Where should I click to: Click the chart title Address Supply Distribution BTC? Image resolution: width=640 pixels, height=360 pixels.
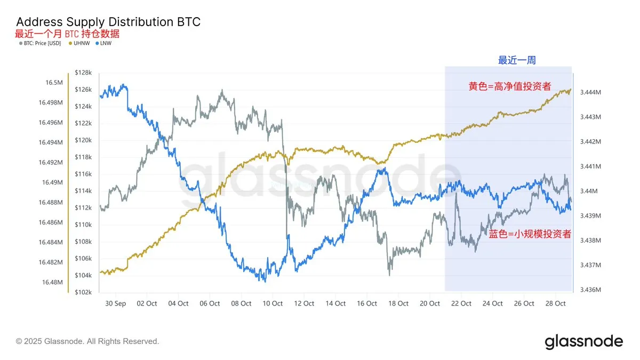tap(108, 22)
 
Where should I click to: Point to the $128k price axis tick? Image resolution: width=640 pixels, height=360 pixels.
tap(83, 73)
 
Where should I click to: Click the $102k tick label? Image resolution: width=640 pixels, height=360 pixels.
tap(83, 292)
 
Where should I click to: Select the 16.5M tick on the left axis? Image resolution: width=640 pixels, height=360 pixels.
tap(53, 83)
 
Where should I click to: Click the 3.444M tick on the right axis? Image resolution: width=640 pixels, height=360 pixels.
tap(591, 92)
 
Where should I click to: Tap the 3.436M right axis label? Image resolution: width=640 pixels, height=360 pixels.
tap(591, 290)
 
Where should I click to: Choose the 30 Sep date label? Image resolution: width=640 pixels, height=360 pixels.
tap(116, 303)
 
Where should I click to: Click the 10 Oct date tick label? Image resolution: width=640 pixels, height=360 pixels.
tap(273, 303)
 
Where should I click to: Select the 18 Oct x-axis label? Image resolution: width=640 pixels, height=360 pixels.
tap(399, 303)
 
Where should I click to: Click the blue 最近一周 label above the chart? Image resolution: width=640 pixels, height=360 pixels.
tap(517, 60)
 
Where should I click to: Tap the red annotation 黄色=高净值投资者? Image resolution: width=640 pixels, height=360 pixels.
tap(509, 86)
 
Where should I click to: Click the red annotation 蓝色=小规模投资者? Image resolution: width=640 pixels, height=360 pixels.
tap(530, 234)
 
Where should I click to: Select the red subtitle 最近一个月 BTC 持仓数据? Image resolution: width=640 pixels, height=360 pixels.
tap(67, 34)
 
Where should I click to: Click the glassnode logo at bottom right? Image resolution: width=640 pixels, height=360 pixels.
tap(583, 341)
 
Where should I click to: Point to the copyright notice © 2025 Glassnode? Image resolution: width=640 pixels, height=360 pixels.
tap(87, 341)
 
